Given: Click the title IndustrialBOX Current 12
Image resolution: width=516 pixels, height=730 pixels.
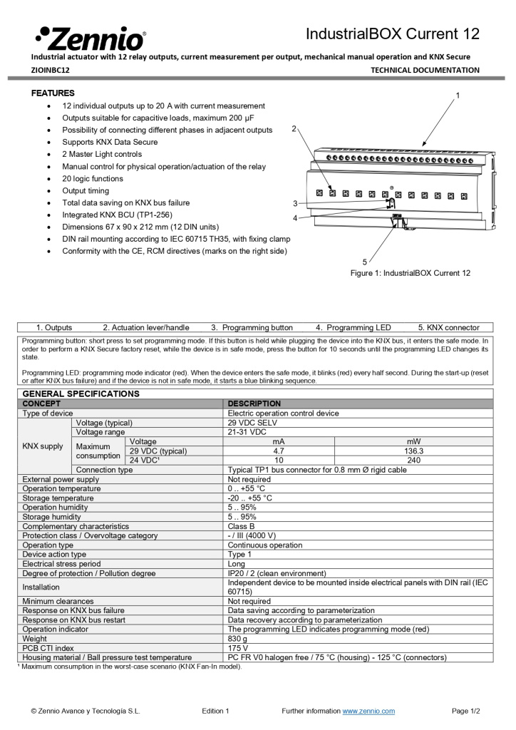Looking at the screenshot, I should coord(393,34).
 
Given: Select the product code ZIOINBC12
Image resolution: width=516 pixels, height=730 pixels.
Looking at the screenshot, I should coord(51,70).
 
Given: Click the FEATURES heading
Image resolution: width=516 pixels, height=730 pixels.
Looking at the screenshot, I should coord(53,93).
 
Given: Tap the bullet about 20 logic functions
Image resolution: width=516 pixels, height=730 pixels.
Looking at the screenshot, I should coord(92,179).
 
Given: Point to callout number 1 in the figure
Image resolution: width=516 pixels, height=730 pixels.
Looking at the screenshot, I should coord(458,95).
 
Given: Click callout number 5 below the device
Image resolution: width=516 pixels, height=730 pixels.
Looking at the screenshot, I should coord(364,262).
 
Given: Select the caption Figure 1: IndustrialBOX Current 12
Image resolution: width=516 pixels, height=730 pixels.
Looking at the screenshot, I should coord(410,273).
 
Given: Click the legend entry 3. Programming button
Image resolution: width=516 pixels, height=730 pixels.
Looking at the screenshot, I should coord(252,327).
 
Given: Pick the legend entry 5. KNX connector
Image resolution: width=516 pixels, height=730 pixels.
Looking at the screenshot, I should coord(448,327).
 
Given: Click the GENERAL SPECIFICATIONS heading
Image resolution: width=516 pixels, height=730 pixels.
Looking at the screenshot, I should coord(81,394).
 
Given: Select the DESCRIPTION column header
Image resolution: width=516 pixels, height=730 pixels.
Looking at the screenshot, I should coord(254,403).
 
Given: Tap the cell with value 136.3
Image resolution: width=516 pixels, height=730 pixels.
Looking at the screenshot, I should coord(413,451).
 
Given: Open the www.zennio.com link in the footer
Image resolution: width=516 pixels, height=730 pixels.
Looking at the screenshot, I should coord(368,711).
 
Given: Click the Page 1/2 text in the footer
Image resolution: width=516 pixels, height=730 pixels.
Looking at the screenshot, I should coord(465,711).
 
